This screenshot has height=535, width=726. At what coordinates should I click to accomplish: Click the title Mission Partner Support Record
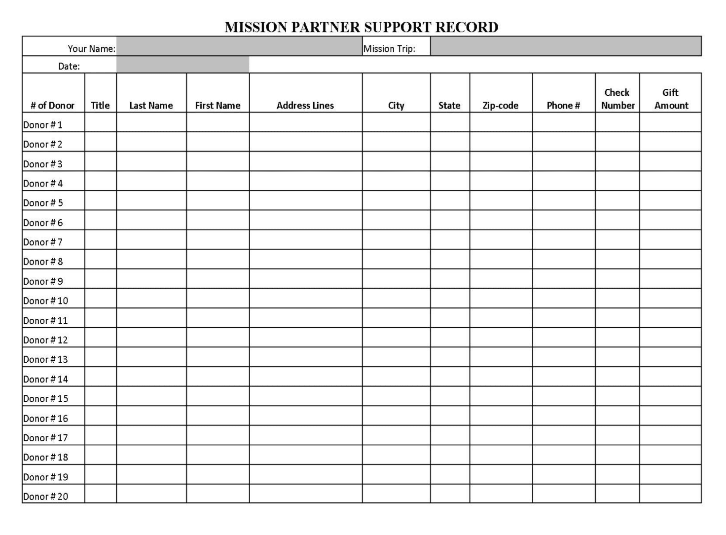tap(362, 27)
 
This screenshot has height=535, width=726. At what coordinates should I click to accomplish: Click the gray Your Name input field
tap(239, 46)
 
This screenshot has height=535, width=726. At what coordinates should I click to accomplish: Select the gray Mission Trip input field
tap(565, 46)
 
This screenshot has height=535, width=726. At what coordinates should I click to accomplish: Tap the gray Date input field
tap(183, 65)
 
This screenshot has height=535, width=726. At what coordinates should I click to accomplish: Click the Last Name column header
tap(151, 105)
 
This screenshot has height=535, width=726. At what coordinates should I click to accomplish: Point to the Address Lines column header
tap(305, 105)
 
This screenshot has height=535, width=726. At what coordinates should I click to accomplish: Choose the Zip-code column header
tap(501, 105)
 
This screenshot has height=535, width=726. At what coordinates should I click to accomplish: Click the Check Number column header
tap(617, 99)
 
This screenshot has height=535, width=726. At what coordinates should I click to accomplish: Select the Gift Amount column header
tap(671, 99)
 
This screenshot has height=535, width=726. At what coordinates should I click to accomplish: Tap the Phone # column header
tap(563, 105)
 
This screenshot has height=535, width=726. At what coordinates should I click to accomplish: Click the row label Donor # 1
tap(43, 125)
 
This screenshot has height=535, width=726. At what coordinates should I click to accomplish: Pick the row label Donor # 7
tap(43, 242)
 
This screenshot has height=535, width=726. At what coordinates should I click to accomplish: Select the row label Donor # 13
tap(45, 359)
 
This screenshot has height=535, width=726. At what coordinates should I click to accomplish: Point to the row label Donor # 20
tap(45, 496)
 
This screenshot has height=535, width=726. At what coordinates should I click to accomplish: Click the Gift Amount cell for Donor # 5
tap(670, 200)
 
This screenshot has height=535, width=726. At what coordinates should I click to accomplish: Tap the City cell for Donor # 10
tap(396, 298)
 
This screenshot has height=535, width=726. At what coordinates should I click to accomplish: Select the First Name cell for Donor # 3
tap(218, 161)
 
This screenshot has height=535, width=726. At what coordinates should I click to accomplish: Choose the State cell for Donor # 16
tap(450, 416)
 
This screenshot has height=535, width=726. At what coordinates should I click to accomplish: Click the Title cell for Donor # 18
tap(101, 455)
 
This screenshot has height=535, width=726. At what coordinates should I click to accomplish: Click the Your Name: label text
tap(91, 48)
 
